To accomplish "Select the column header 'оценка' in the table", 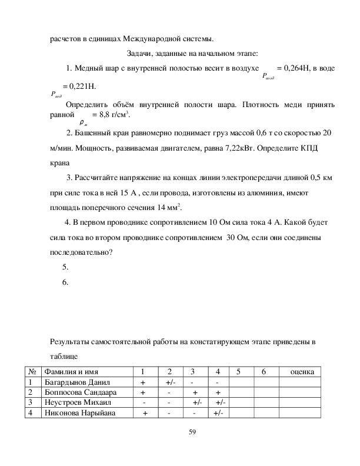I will [299, 371].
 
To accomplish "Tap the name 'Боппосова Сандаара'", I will [81, 392].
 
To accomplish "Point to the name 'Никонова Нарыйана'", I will [79, 413].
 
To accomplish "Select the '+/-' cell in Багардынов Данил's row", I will [169, 382].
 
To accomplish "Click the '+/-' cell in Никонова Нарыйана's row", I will [218, 413].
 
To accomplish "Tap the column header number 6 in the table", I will [264, 371].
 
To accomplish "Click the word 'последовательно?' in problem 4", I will [79, 252].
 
